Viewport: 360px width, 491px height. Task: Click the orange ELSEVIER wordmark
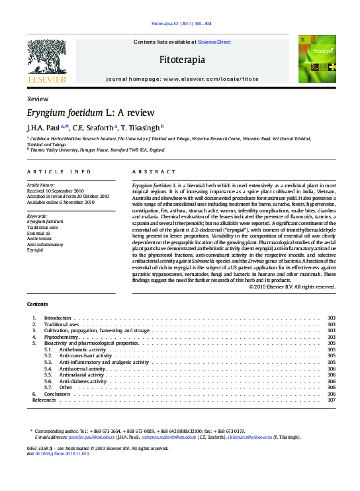click(x=46, y=79)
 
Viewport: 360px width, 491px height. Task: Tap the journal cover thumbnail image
click(x=316, y=59)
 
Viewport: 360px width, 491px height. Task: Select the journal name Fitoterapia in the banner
click(x=182, y=60)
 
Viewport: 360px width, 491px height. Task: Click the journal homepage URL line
click(x=182, y=79)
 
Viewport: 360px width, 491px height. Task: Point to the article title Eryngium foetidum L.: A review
click(x=90, y=112)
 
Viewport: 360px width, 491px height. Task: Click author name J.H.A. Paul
click(x=43, y=127)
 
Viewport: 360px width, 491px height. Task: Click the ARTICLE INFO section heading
click(x=59, y=171)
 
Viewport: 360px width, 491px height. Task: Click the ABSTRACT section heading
click(x=154, y=171)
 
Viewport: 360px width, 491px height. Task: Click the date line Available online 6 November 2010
click(x=60, y=201)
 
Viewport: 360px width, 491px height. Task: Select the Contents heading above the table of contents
click(x=37, y=304)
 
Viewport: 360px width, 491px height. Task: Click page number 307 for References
click(x=332, y=400)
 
